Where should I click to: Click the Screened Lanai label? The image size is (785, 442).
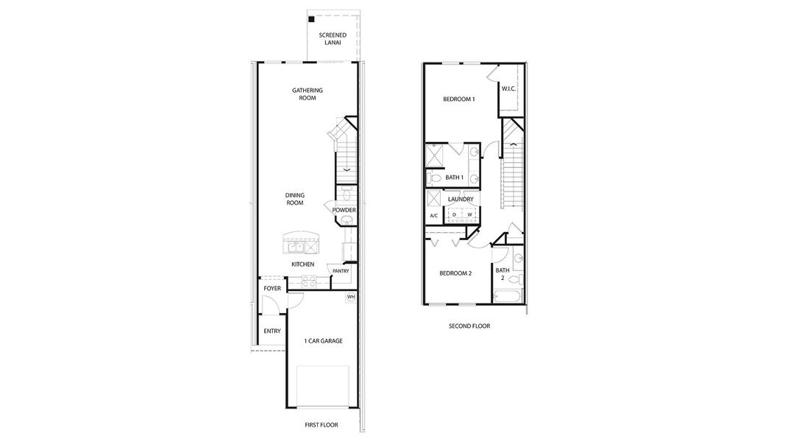pos(333,39)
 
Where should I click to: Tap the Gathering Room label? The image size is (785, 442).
pos(308,94)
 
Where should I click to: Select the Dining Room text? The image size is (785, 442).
pos(295,199)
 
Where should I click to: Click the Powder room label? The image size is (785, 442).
pos(344,210)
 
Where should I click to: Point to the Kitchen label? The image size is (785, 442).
pos(303,264)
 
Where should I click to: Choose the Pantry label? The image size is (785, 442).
pos(341,271)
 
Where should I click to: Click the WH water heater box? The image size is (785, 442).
pos(351,298)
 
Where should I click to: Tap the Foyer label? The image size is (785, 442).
pos(272,289)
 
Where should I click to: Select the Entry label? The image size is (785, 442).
pos(272,331)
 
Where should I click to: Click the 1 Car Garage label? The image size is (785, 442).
pos(324,341)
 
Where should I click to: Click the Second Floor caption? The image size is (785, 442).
pos(469,326)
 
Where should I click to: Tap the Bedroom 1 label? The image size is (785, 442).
pos(458,99)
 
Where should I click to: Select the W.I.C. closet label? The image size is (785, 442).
pos(508,89)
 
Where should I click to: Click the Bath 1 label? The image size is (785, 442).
pos(454,178)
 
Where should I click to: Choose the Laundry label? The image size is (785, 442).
pos(461,200)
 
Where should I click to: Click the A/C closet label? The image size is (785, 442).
pos(433,215)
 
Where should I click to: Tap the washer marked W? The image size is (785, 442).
pos(469,215)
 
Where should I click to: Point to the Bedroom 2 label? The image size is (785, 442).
pos(455,273)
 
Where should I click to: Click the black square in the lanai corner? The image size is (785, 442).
pos(312,19)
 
